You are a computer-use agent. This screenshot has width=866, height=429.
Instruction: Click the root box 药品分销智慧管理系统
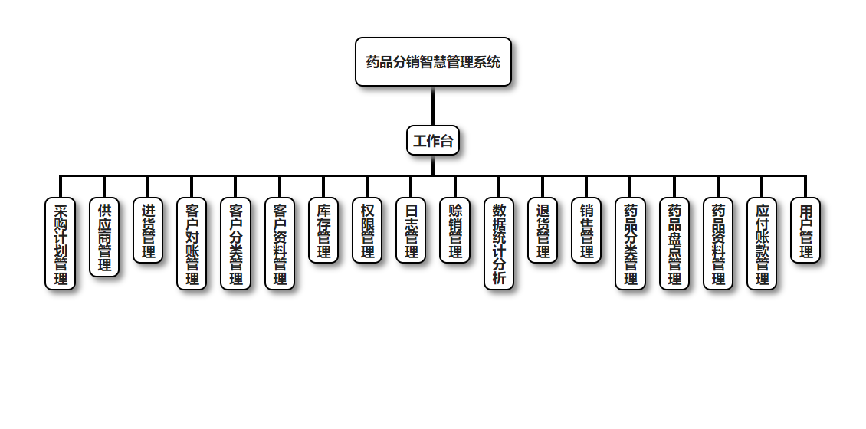433,62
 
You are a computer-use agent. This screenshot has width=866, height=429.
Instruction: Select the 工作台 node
433,141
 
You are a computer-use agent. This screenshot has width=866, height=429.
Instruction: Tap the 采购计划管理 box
61,244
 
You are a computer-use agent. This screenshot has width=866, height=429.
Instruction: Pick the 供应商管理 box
104,237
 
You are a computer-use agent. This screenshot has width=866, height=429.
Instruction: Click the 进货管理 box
148,231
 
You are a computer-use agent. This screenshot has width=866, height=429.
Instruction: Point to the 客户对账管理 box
192,244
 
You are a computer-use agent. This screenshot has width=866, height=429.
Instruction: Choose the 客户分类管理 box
235,244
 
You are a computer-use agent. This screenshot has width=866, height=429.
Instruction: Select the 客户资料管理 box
280,244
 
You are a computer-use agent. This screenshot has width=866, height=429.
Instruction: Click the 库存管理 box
323,231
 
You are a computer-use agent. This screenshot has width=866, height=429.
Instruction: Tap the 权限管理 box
367,231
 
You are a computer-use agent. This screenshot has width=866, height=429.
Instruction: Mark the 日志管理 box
411,231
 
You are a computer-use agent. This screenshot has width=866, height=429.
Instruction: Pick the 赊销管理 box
455,231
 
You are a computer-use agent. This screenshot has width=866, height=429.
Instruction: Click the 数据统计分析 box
499,244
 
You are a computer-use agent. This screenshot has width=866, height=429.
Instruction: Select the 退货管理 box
543,231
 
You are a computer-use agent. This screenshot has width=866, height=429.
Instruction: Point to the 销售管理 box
586,231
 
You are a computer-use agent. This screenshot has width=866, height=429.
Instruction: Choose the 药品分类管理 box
630,244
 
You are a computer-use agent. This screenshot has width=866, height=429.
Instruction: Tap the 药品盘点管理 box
674,244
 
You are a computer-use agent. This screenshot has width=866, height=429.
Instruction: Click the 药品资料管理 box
718,244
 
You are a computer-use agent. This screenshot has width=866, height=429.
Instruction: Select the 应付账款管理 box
762,244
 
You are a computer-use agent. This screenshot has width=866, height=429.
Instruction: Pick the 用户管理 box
805,231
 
